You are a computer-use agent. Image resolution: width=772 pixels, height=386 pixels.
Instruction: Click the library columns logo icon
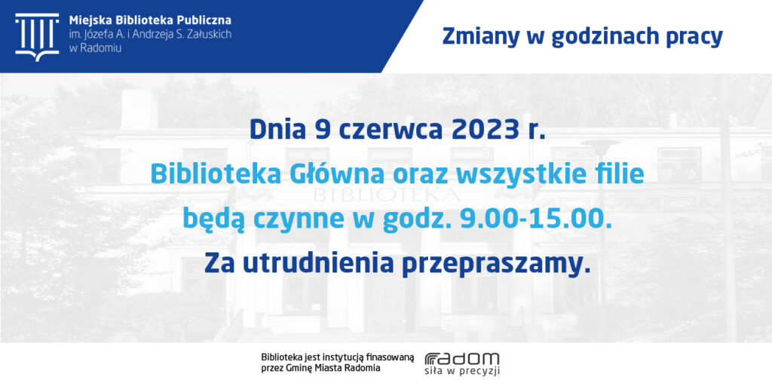click(x=37, y=36)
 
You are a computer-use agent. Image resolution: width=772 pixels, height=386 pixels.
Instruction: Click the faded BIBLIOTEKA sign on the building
click(x=387, y=195)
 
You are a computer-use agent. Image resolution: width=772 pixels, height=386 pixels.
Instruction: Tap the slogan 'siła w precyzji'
click(x=462, y=371)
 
